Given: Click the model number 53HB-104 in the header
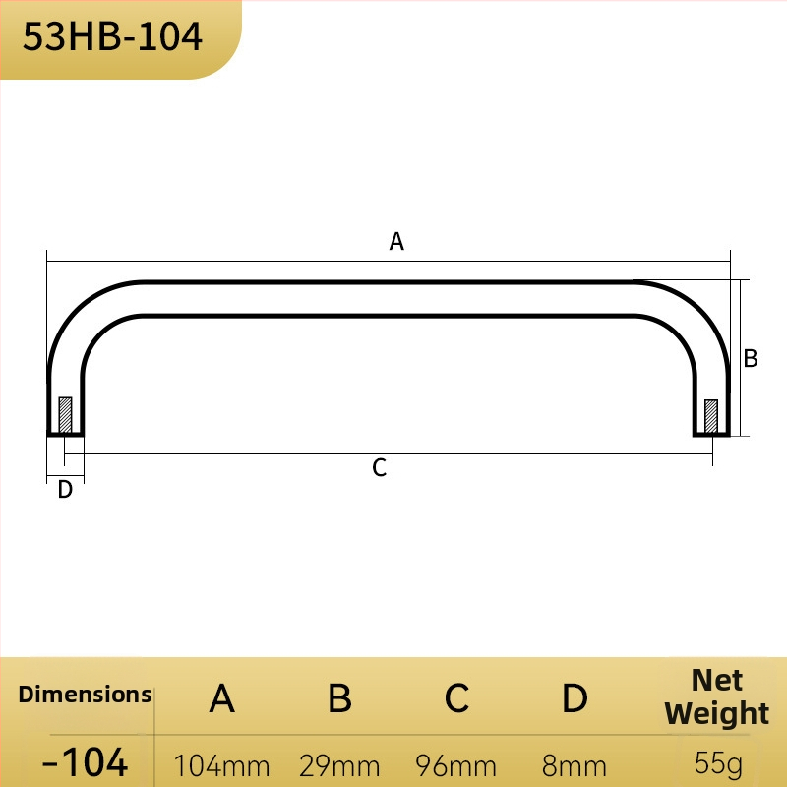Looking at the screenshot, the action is (x=112, y=36).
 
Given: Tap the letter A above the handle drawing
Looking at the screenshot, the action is (x=396, y=241).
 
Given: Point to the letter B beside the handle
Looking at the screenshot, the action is (x=751, y=358).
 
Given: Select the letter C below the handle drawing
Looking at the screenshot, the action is (x=380, y=468).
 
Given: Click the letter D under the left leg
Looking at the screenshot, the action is (x=65, y=489).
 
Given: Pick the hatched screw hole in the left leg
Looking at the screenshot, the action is (x=65, y=414).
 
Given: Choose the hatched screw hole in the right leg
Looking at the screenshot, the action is (x=711, y=416).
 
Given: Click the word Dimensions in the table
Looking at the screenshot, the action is (x=85, y=695).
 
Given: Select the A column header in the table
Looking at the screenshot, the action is (x=222, y=698).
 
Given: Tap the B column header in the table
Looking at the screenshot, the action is (x=339, y=698).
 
